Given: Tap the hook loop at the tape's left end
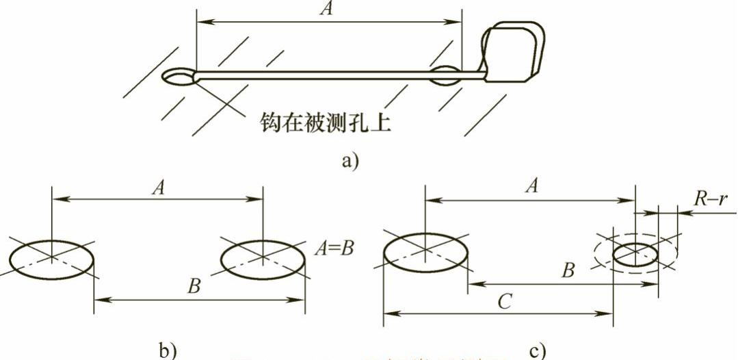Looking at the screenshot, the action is tap(179, 77).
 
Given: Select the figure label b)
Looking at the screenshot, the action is tap(166, 350).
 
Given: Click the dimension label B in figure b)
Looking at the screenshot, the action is tap(194, 287).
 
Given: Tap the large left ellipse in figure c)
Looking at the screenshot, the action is tap(425, 252).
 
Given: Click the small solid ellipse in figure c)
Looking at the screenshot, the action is tap(636, 255).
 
